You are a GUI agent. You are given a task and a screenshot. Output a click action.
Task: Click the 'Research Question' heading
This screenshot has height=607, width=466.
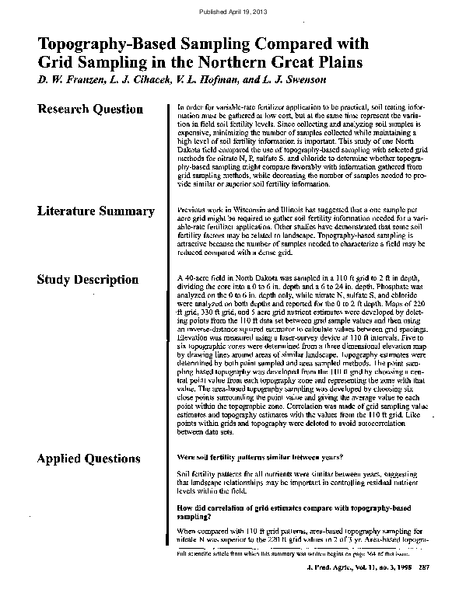point(89,110)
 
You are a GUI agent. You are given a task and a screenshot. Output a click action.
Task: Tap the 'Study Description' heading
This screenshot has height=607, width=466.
point(88,279)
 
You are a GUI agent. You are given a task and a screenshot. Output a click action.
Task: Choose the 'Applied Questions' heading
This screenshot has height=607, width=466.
point(89,459)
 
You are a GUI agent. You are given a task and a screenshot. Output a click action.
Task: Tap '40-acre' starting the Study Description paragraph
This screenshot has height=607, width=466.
point(198,277)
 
